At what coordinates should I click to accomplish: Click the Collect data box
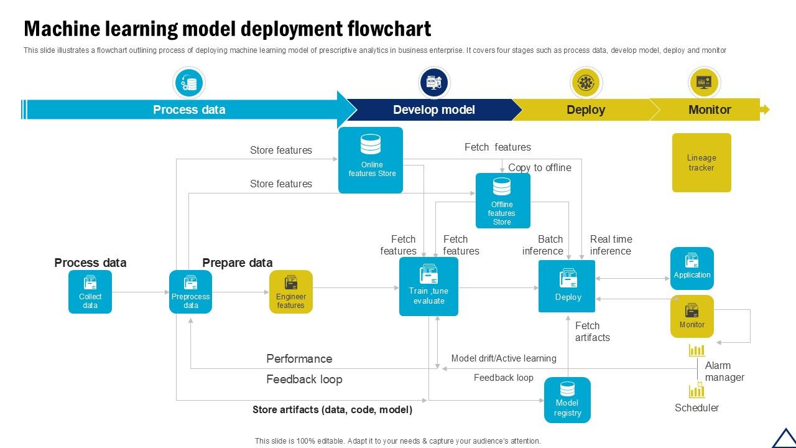point(90,292)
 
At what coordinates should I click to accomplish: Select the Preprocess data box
point(190,292)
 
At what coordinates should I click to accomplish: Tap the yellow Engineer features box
point(290,292)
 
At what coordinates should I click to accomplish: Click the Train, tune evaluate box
point(428,287)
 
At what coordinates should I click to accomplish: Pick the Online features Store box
point(371,160)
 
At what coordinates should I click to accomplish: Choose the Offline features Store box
point(502,200)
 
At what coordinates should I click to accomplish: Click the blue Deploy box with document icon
point(567,286)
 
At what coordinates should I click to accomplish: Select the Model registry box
point(567,400)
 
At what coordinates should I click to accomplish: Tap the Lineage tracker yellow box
point(701,162)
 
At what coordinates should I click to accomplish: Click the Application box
point(692,268)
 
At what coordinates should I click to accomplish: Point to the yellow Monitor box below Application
point(692,317)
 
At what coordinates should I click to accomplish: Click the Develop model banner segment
point(433,110)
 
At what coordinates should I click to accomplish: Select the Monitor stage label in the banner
point(709,110)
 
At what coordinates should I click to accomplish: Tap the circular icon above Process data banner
point(188,83)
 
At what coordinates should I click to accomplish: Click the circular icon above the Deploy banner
point(585,83)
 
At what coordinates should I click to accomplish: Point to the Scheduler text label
point(696,408)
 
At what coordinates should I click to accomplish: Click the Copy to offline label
point(539,167)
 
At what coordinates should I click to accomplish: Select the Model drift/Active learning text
point(504,358)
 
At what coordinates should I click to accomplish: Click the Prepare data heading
point(237,263)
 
